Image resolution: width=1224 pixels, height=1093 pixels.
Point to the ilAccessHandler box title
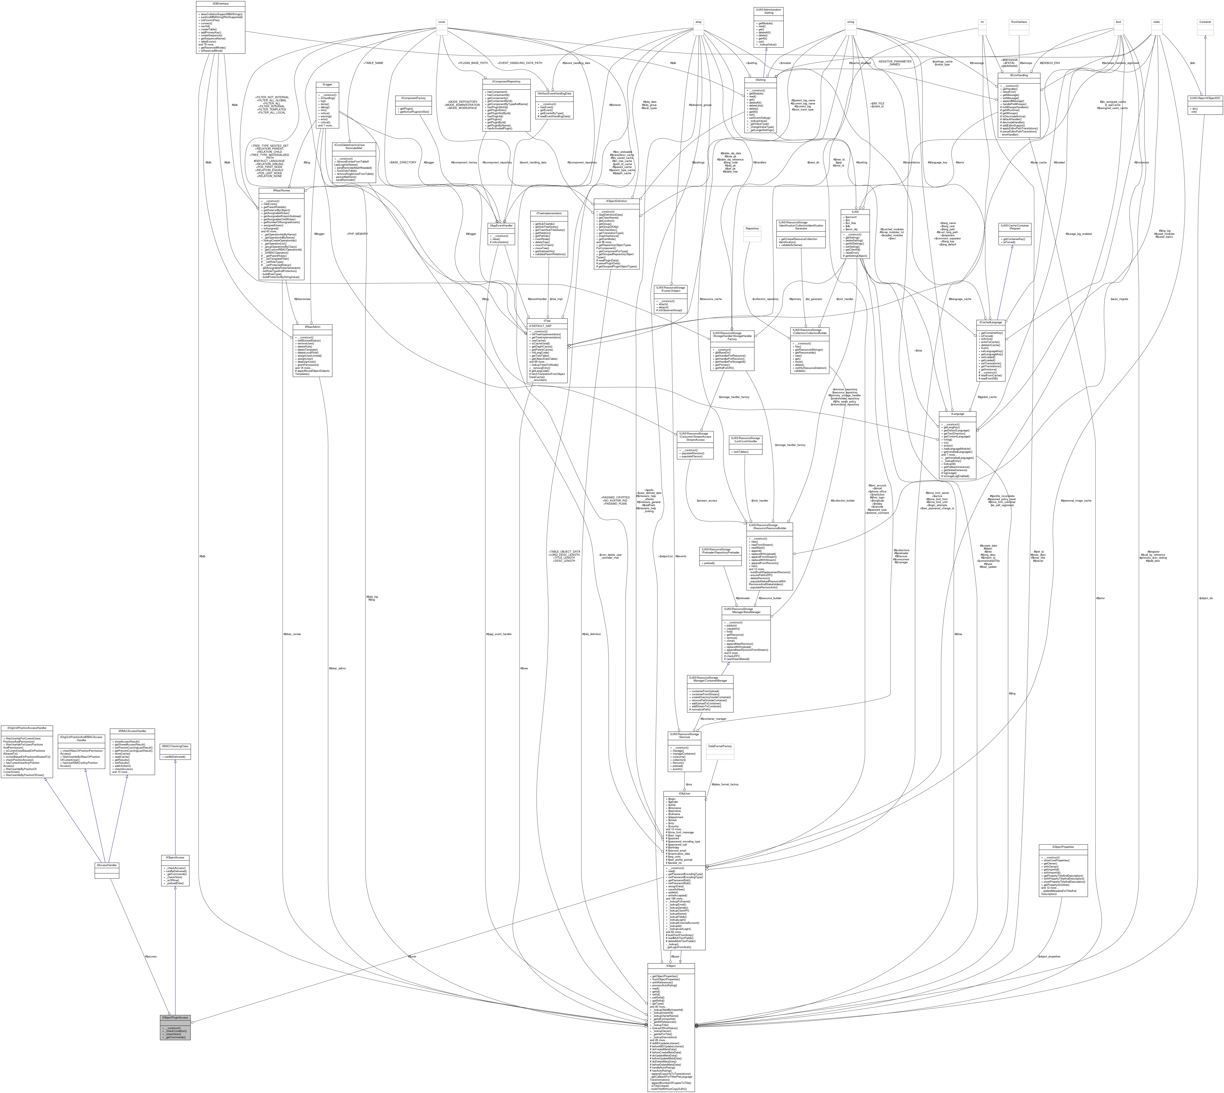pos(107,865)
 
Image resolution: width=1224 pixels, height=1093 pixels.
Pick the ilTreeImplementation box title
pos(549,213)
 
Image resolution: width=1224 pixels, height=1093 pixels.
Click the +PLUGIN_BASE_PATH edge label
pos(472,62)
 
